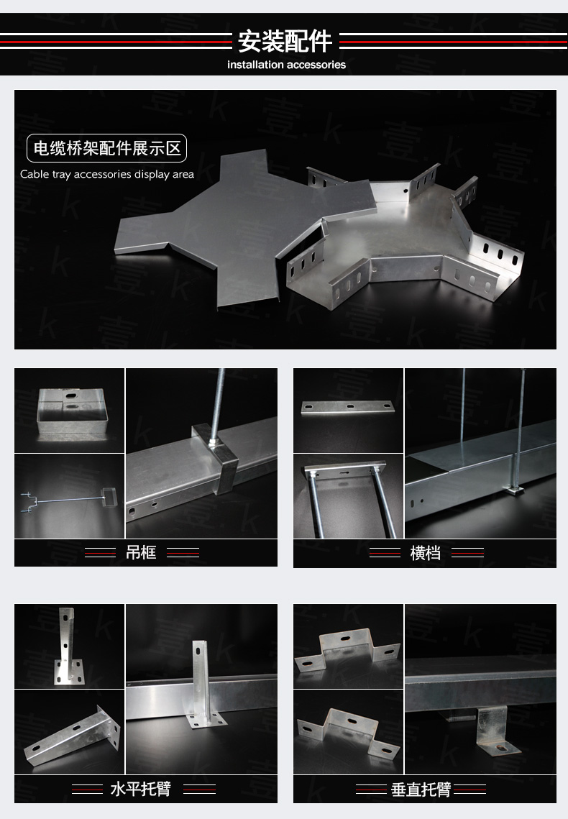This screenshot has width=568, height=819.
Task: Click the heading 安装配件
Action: coord(285,41)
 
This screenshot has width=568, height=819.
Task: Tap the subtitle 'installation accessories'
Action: coord(286,65)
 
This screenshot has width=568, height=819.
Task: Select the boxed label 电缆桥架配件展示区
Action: coord(106,148)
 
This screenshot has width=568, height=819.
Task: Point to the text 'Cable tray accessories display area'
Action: coord(107,175)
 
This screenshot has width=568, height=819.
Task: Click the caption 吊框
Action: coord(141,553)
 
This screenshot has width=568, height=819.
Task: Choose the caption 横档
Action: coord(426,553)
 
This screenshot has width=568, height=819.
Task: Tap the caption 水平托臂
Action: coord(141,789)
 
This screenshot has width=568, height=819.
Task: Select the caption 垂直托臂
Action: coord(421,790)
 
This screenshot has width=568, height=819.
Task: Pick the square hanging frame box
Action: coord(73,411)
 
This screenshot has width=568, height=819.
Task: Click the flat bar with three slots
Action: coord(348,408)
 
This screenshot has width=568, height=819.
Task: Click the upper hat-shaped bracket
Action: coord(347,652)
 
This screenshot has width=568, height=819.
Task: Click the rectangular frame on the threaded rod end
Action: coord(108,495)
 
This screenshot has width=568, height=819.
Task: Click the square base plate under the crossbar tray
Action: coord(513,489)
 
